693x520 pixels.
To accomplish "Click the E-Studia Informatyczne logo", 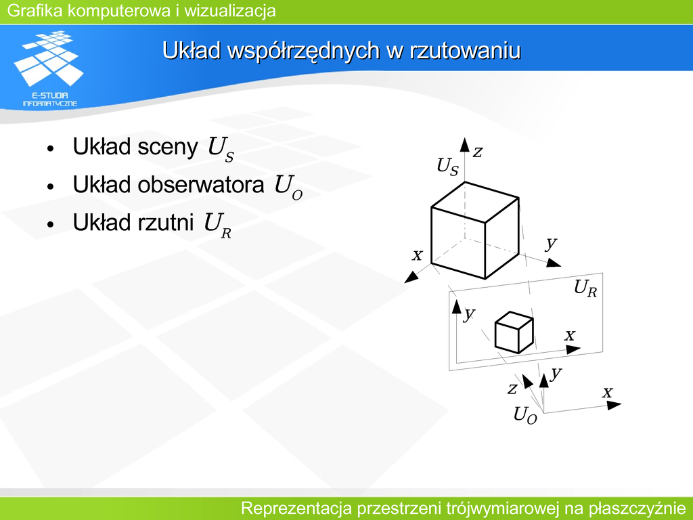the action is (49, 68).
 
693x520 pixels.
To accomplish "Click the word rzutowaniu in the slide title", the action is (465, 50).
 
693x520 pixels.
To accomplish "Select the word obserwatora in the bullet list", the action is (200, 184).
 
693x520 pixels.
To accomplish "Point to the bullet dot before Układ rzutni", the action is (50, 223).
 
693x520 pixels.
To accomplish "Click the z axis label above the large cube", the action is (477, 152).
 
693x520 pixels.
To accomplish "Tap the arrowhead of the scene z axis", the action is (464, 145).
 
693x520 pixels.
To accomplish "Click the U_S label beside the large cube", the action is (448, 167).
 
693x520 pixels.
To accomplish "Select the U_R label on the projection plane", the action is (585, 288).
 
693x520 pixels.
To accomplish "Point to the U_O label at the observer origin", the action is (525, 416).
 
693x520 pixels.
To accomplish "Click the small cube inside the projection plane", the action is (514, 332).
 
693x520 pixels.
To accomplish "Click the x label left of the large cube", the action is (417, 255).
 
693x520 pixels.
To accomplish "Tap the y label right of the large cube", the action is (551, 243).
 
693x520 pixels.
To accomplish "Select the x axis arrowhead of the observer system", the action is (614, 405).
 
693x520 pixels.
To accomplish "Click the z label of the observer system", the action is (512, 389).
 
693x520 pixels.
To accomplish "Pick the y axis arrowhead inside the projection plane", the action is (456, 307).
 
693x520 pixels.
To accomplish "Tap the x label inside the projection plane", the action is (570, 335).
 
